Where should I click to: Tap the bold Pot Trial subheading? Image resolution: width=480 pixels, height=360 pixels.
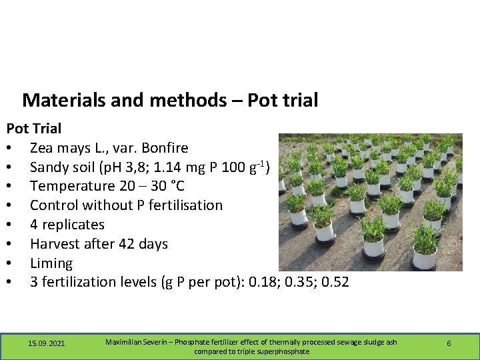[34, 128]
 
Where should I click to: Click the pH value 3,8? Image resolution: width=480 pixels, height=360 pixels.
[134, 167]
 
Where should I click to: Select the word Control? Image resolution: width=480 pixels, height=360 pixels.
[55, 205]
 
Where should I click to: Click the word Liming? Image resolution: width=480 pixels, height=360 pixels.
[51, 263]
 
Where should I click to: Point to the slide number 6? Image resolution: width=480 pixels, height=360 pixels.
[449, 343]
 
